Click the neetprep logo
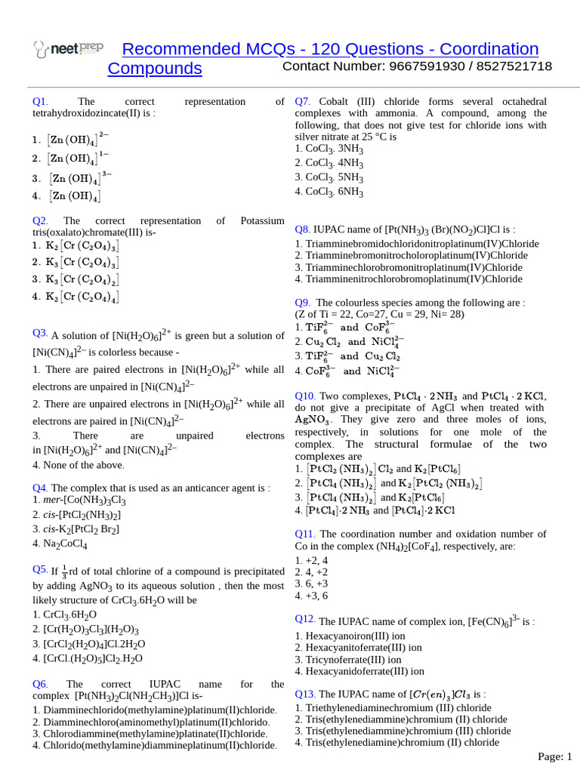(x=69, y=50)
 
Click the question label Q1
(x=40, y=101)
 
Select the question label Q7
(x=303, y=101)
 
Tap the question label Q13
(x=304, y=694)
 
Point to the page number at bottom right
(x=555, y=756)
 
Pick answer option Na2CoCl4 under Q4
(x=60, y=544)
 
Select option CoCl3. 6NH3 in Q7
(x=329, y=192)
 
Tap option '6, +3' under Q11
(x=311, y=584)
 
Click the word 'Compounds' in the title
(x=155, y=69)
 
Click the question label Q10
(x=305, y=396)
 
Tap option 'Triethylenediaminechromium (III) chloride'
(x=393, y=708)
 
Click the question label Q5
(x=40, y=568)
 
